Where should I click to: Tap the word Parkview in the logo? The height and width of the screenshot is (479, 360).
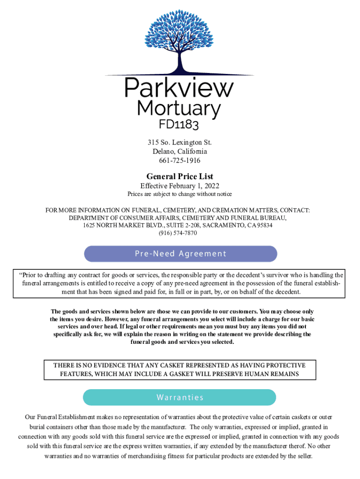pyautogui.click(x=179, y=88)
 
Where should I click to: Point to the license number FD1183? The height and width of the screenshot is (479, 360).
pyautogui.click(x=180, y=125)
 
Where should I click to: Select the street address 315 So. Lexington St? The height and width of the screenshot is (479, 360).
pyautogui.click(x=180, y=142)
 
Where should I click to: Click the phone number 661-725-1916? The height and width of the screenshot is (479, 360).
pyautogui.click(x=180, y=160)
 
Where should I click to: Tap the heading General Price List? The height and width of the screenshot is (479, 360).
pyautogui.click(x=180, y=176)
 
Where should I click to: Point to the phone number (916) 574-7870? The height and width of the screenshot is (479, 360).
pyautogui.click(x=180, y=232)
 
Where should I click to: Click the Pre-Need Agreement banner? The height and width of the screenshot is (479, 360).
pyautogui.click(x=180, y=254)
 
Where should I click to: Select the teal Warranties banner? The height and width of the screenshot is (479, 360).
pyautogui.click(x=180, y=398)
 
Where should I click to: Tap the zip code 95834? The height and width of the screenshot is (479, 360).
pyautogui.click(x=264, y=225)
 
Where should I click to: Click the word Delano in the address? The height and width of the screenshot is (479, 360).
pyautogui.click(x=163, y=152)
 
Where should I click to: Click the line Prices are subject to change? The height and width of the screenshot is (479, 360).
pyautogui.click(x=180, y=194)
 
